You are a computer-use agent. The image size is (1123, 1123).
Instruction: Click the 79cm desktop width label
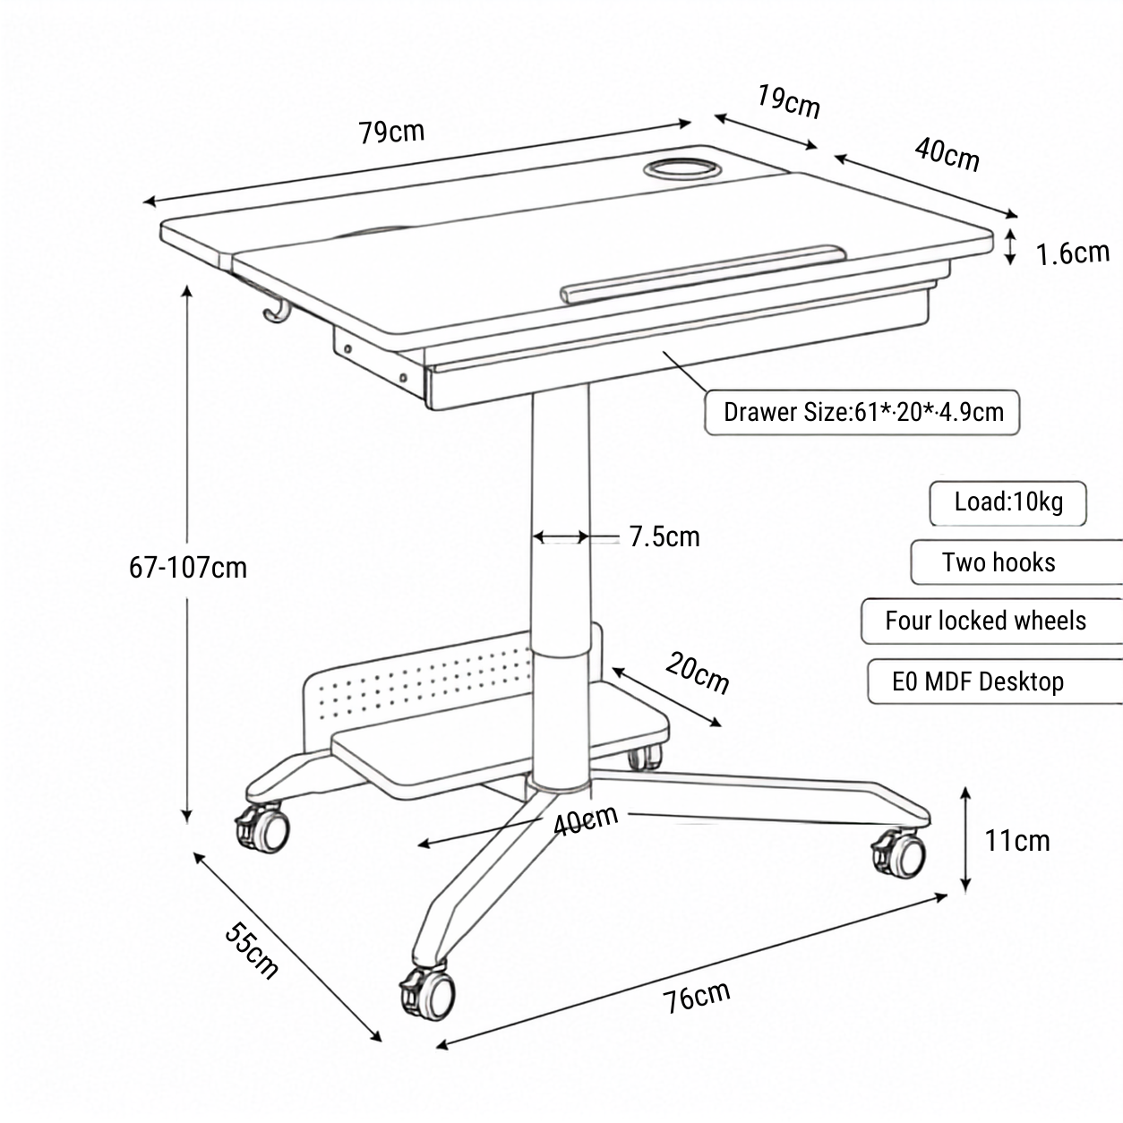click(x=391, y=133)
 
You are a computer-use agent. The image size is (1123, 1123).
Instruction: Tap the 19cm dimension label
click(x=788, y=102)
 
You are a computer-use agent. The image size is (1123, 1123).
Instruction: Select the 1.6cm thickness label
click(x=1072, y=253)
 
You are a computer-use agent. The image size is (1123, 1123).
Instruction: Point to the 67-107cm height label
click(x=188, y=567)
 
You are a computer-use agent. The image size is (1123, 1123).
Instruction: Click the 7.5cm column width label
click(x=664, y=536)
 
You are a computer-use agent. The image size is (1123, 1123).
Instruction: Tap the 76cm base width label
click(x=696, y=997)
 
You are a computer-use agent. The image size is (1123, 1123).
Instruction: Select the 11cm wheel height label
click(x=1017, y=841)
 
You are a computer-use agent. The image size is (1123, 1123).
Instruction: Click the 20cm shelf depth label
click(x=697, y=673)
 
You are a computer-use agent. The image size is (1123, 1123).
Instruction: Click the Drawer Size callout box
click(x=862, y=413)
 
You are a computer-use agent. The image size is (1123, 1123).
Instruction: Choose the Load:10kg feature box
click(x=1007, y=503)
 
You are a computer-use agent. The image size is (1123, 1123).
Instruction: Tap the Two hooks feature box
click(x=1016, y=562)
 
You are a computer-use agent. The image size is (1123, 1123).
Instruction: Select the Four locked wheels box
click(x=992, y=622)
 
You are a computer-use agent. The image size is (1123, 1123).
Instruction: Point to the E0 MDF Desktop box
click(x=995, y=682)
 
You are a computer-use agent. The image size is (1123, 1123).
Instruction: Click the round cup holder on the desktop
click(x=682, y=169)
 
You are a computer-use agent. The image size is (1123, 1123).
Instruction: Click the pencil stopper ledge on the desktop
click(x=703, y=273)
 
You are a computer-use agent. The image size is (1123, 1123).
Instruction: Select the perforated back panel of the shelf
click(x=425, y=688)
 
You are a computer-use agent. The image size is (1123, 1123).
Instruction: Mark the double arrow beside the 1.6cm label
click(x=1011, y=246)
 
